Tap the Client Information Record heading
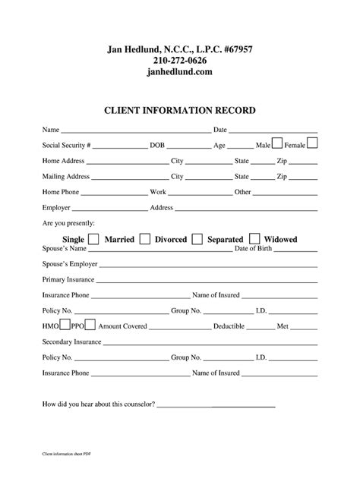tap(179, 111)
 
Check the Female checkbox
tap(311, 143)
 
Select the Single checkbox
tap(93, 239)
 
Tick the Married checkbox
tap(144, 239)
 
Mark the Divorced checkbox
tap(197, 239)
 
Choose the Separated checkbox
tap(254, 239)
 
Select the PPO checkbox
tap(90, 326)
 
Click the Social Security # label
tap(67, 145)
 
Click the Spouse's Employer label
tap(70, 264)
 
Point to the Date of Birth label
tap(257, 249)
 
